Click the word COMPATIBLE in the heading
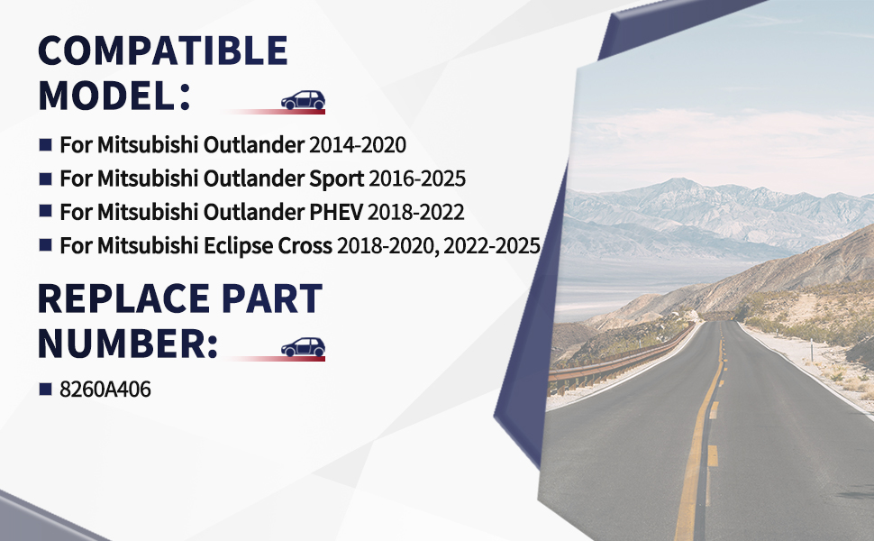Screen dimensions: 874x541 tap(163, 50)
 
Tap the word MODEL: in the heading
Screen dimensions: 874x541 tap(114, 96)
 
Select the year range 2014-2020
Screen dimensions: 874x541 tap(358, 145)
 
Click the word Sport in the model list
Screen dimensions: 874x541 tap(336, 179)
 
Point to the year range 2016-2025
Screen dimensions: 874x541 tap(417, 179)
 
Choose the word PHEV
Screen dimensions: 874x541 tap(335, 212)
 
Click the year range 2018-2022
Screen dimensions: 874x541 tap(415, 212)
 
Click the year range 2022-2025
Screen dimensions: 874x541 tap(492, 246)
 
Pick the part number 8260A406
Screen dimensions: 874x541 tap(105, 390)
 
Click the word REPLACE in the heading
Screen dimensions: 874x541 tap(123, 298)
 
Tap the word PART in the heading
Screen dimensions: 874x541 tap(272, 298)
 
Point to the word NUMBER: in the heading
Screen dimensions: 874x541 tap(128, 344)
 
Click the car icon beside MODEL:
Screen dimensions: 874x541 tap(304, 100)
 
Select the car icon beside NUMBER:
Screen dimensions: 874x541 tap(304, 347)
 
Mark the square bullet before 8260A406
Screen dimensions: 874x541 tap(46, 389)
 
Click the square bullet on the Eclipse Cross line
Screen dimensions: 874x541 tap(46, 245)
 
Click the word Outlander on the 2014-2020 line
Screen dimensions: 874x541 tap(253, 145)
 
